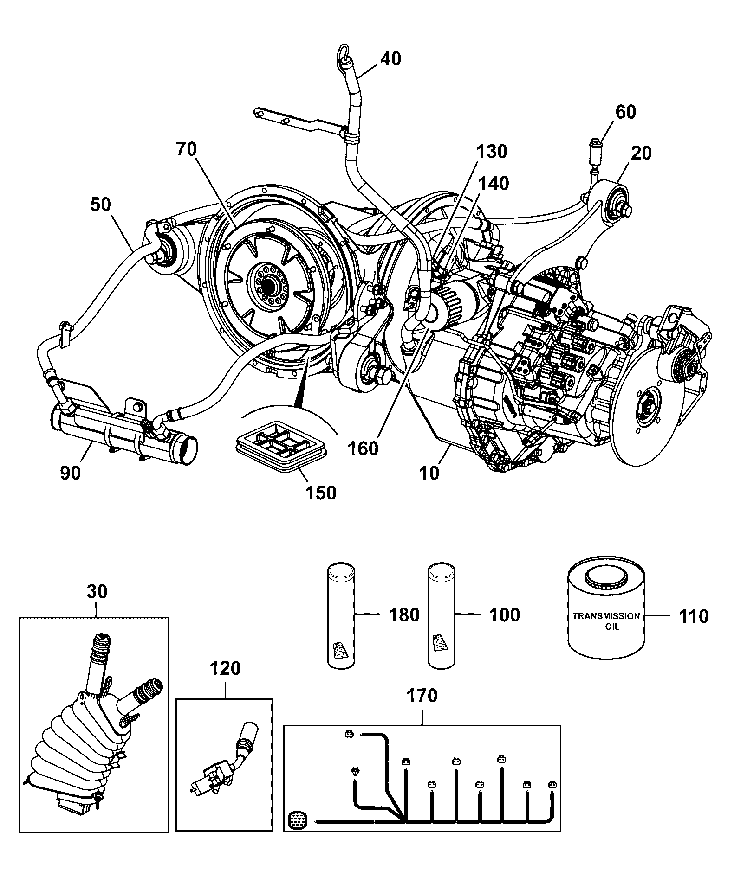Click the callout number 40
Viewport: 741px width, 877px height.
(390, 59)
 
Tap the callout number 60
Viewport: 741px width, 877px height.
(625, 112)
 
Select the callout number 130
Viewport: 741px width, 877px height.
(492, 152)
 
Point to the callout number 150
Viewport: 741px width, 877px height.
(321, 492)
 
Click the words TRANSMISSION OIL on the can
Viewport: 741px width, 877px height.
(606, 621)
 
